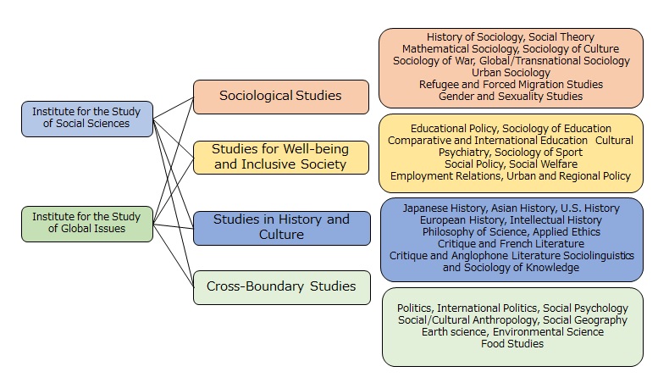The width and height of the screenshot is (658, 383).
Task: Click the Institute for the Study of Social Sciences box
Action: [x=87, y=119]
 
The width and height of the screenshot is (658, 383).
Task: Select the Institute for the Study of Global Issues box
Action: [x=87, y=224]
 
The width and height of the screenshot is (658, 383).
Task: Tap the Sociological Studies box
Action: [x=281, y=97]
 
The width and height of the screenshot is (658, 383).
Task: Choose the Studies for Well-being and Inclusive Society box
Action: [x=281, y=158]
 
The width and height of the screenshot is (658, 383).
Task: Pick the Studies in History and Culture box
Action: [x=282, y=228]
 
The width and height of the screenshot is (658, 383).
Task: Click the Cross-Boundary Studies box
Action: [x=282, y=287]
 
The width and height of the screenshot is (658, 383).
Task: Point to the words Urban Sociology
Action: [x=511, y=73]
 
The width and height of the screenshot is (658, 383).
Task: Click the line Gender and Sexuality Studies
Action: [x=511, y=96]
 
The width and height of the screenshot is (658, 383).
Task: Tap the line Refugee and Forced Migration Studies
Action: [x=511, y=85]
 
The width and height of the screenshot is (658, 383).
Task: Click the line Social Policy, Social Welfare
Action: [x=511, y=164]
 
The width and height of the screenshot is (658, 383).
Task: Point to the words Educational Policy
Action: [x=454, y=129]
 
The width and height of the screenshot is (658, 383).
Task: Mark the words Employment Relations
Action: [x=446, y=176]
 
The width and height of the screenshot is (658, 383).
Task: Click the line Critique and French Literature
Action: [x=511, y=243]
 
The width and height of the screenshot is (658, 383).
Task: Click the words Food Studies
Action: [x=512, y=344]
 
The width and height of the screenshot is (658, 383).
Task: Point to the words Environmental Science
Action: [x=548, y=332]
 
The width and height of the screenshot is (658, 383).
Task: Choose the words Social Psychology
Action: [x=585, y=308]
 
